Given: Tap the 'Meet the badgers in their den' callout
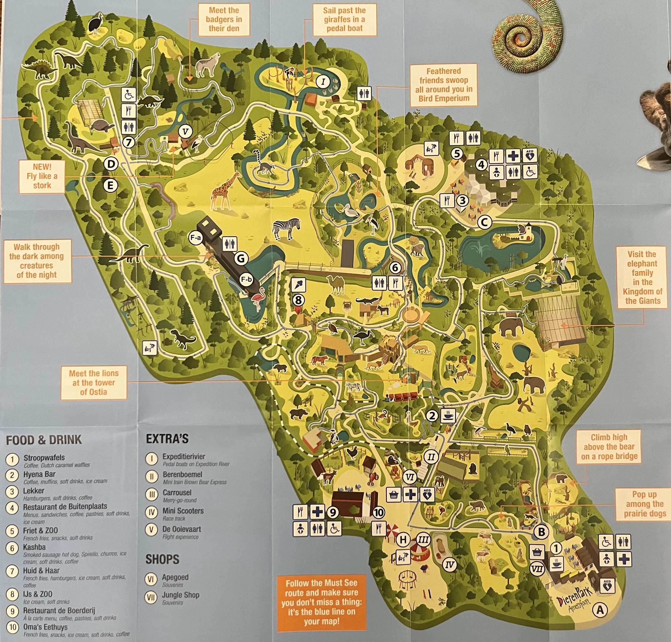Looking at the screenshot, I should click(x=224, y=20).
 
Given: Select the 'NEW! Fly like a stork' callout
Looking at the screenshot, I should click(x=42, y=176).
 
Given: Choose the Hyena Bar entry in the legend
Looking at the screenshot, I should click(x=39, y=474).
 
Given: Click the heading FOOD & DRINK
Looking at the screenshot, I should click(x=44, y=440).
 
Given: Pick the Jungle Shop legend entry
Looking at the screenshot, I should click(x=180, y=595).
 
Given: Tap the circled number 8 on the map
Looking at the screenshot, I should click(x=298, y=300).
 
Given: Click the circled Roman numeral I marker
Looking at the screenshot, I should click(x=323, y=81).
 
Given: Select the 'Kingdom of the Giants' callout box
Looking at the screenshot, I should click(x=642, y=277).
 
